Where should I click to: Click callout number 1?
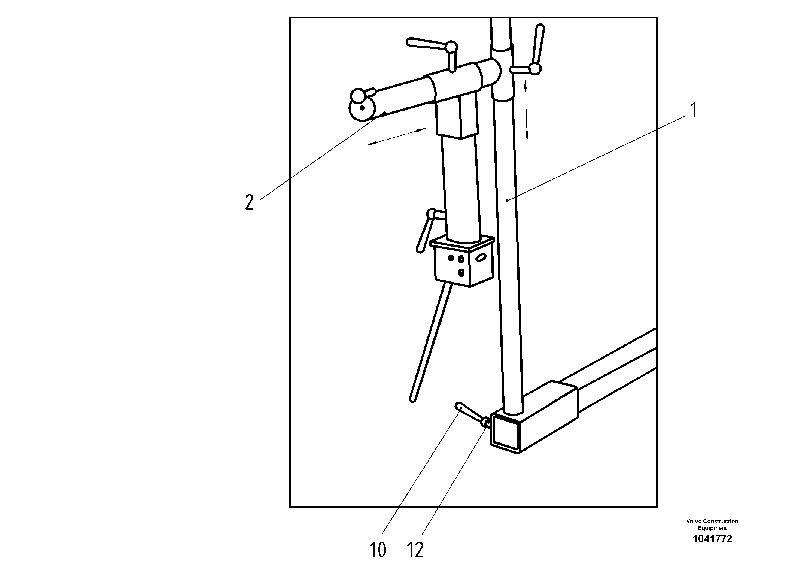coord(693,110)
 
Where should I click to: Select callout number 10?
coord(378,550)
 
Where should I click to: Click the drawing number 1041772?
coord(712,539)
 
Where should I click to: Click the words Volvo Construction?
coord(712,521)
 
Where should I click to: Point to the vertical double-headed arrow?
coord(526,111)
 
